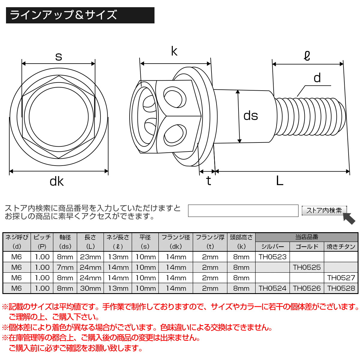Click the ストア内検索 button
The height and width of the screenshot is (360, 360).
324,210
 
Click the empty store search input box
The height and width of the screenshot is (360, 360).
243,211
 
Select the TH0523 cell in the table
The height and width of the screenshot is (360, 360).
272,257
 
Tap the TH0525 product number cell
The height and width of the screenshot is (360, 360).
307,267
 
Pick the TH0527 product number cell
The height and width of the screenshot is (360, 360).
341,278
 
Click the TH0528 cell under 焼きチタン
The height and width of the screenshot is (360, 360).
341,288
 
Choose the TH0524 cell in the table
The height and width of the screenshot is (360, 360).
272,288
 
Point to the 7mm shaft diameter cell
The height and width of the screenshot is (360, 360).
65,267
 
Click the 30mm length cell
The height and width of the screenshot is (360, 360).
90,288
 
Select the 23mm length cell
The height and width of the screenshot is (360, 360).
90,257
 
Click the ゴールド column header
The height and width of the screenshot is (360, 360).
307,247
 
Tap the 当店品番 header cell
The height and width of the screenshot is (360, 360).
307,237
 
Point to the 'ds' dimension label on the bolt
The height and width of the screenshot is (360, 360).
250,116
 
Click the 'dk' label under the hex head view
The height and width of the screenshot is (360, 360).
56,181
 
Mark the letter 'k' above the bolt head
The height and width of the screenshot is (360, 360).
174,51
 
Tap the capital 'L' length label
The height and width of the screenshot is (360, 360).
280,181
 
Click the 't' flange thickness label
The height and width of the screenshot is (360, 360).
208,181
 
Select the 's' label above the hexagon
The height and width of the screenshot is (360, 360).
58,56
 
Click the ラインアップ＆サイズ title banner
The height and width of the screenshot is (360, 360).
80,15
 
